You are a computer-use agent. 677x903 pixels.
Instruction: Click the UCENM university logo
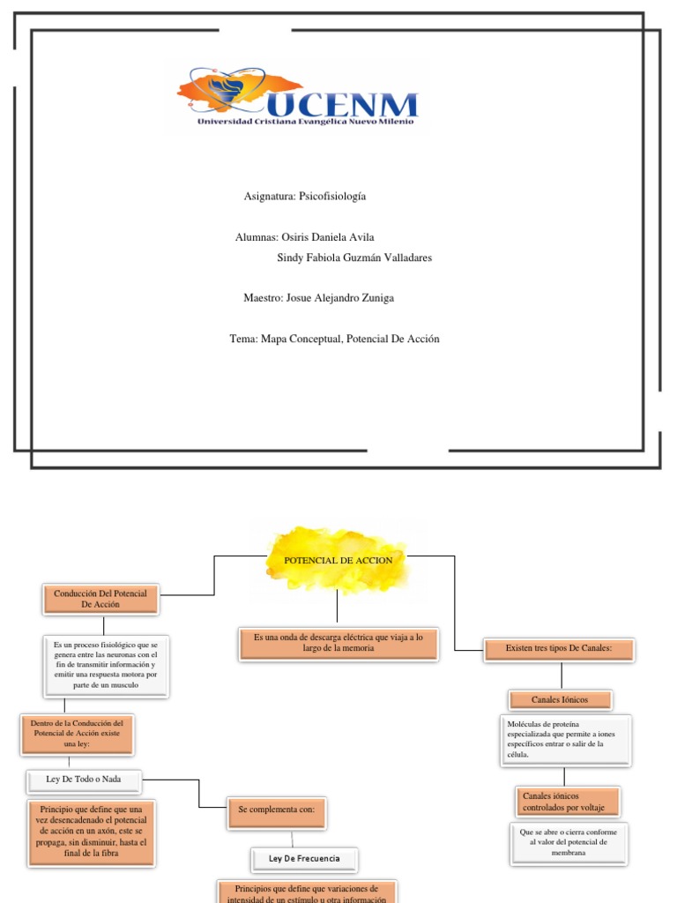click(297, 97)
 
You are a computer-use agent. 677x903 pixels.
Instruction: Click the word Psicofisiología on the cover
click(332, 196)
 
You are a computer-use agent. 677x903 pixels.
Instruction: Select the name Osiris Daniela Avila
click(324, 237)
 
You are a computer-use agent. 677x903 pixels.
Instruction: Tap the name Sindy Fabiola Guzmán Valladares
click(354, 257)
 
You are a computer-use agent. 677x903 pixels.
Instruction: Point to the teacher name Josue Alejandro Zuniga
click(339, 298)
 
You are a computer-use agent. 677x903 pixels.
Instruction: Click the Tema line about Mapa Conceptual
click(333, 339)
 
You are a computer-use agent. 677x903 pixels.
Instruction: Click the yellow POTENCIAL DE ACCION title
click(338, 560)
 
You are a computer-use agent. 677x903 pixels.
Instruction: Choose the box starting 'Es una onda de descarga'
click(338, 643)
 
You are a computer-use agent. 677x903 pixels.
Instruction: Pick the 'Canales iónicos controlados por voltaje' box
click(565, 802)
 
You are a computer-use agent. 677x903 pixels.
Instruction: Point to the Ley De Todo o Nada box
click(83, 779)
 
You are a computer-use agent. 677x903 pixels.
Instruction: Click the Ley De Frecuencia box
click(304, 858)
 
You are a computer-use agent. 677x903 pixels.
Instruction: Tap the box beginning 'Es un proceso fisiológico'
click(105, 668)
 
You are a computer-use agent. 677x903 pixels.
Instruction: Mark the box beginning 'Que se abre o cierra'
click(569, 842)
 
